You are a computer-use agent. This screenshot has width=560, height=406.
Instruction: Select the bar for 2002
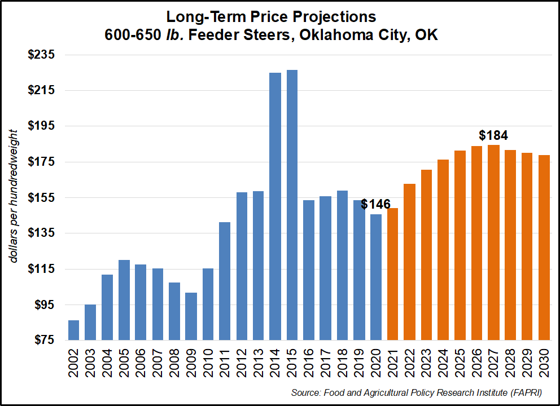pos(73,330)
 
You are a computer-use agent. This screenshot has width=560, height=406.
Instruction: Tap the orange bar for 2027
pos(494,242)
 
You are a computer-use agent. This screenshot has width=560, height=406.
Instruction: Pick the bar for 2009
pos(191,316)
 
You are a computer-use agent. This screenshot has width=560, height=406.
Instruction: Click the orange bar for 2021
pos(393,274)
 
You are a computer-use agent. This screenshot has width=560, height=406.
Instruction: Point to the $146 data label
pos(375,204)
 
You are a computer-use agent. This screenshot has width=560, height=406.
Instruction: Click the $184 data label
pos(493,135)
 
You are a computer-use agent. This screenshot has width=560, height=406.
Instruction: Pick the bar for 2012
pos(242,266)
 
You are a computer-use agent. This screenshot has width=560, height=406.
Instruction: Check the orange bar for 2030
pos(544,248)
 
